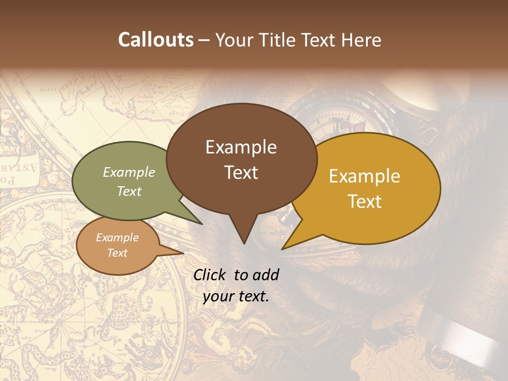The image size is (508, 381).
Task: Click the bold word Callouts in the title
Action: [x=156, y=40]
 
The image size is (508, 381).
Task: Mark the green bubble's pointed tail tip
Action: [x=202, y=224]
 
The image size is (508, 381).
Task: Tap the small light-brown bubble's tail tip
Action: [x=183, y=253]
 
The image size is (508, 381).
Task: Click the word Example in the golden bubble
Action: [x=364, y=176]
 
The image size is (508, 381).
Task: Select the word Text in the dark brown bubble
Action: [x=241, y=173]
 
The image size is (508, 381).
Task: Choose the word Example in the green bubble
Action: [x=129, y=172]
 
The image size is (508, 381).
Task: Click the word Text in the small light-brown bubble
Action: [x=117, y=253]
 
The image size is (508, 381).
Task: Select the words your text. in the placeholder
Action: [x=236, y=297]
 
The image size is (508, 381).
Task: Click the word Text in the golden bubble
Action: [x=365, y=202]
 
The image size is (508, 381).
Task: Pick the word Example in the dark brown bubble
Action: [x=241, y=147]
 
